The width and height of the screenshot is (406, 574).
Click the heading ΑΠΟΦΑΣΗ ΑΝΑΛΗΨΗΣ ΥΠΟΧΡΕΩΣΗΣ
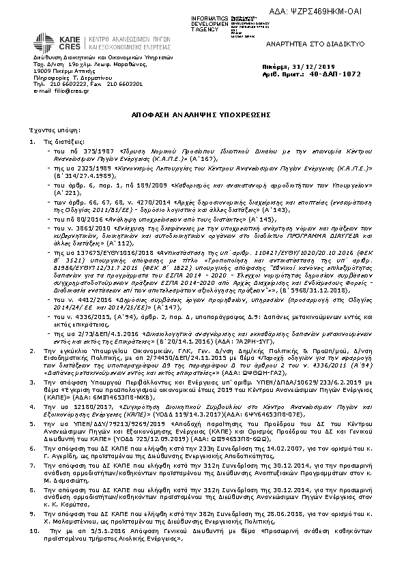pos(203,117)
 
